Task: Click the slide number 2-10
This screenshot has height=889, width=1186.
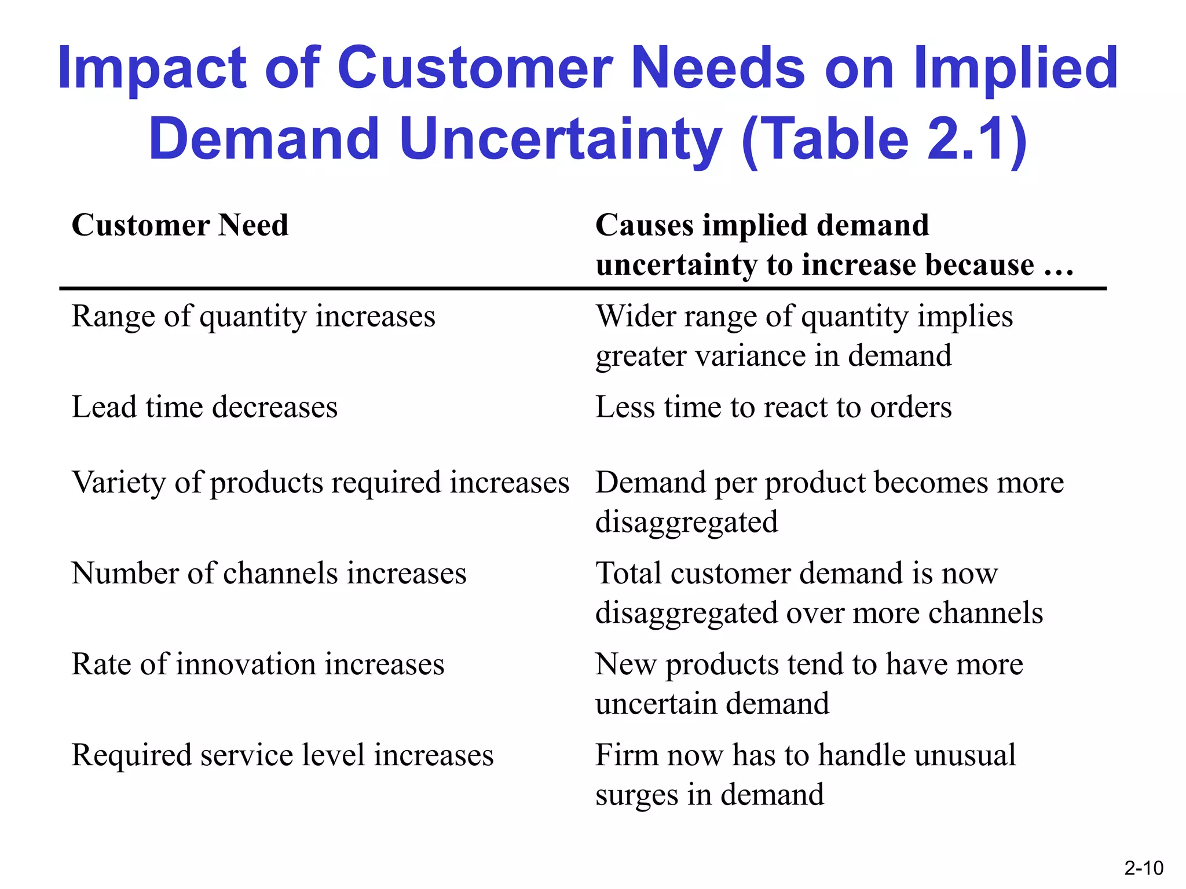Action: click(x=1143, y=868)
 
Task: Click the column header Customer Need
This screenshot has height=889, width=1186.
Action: click(x=180, y=225)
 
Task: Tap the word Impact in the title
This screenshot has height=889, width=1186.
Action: click(x=152, y=69)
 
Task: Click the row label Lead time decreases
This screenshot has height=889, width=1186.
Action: click(x=204, y=406)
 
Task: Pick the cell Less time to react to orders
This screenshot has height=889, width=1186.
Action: click(x=773, y=406)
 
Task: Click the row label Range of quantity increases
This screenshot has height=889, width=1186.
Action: click(x=253, y=316)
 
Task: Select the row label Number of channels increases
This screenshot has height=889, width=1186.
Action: click(x=269, y=573)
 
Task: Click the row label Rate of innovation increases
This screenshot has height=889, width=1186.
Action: click(x=258, y=664)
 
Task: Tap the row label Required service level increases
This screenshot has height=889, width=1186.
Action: click(x=282, y=755)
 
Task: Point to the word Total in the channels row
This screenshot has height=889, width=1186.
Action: click(x=628, y=573)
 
